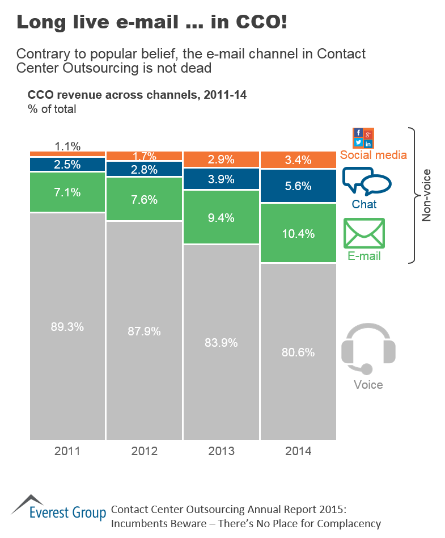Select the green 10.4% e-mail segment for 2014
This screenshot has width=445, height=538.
298,233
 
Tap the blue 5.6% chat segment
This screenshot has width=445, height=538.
298,186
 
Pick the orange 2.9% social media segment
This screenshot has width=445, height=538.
221,159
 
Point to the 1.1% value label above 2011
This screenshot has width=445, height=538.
67,146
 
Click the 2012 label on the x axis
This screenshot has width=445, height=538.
145,451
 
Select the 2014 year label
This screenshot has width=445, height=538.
298,451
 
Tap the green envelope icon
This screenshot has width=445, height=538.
365,233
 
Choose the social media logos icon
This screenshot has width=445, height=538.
363,138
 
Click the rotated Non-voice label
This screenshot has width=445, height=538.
426,195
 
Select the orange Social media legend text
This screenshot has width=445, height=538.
373,154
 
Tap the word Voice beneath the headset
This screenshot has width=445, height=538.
368,385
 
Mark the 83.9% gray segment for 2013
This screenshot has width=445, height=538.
221,342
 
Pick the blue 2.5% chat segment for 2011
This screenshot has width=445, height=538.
67,165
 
